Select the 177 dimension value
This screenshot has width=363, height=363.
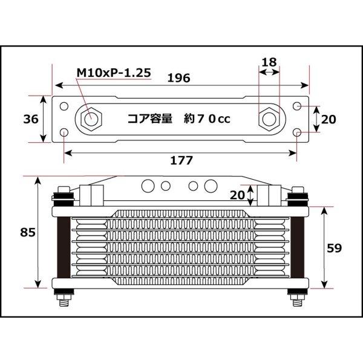pos(181,160)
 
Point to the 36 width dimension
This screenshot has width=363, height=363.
pos(30,119)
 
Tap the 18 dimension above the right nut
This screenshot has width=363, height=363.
pos(269,62)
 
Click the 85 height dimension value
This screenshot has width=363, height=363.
pos(27,232)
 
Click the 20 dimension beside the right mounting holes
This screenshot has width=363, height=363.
pos(328,119)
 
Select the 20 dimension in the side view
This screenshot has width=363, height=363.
pos(239,195)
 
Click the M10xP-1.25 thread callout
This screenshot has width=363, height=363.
pos(113,74)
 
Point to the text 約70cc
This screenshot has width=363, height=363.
pos(207,119)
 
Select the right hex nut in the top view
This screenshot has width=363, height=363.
pos(268,119)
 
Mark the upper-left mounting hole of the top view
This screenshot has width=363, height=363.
pos(64,106)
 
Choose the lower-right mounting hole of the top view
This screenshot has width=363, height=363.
pos(297,131)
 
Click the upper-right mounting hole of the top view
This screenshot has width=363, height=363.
pos(297,106)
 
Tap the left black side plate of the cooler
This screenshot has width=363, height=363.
pos(63,247)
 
